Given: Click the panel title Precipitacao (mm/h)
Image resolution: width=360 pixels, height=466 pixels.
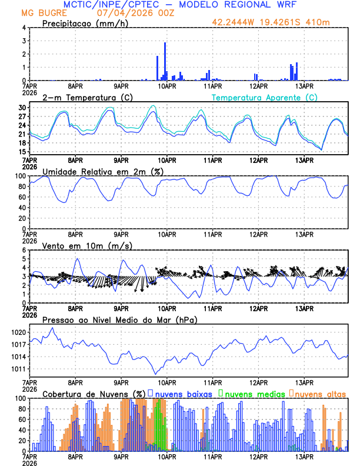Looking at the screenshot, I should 85,23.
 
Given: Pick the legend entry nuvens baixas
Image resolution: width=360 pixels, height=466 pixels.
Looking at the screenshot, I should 182,394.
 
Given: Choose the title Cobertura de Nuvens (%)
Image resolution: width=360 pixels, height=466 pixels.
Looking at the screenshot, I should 94,394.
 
